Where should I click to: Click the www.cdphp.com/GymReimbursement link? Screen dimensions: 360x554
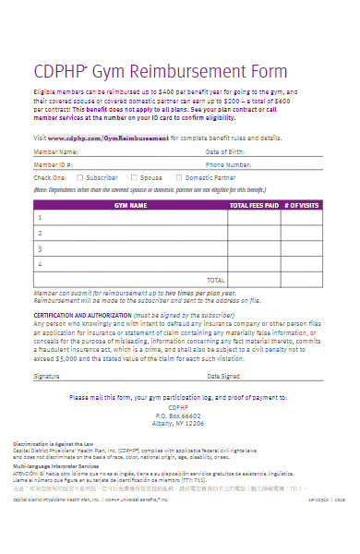click(110, 137)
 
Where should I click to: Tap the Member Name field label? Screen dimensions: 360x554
click(56, 151)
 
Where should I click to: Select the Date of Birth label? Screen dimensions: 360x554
click(226, 151)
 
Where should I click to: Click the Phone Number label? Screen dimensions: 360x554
click(229, 163)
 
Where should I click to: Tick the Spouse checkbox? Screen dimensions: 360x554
click(134, 176)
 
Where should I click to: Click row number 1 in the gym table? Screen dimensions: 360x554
click(40, 218)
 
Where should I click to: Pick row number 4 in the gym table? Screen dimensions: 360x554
click(40, 263)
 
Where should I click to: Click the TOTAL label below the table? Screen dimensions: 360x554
click(215, 278)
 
